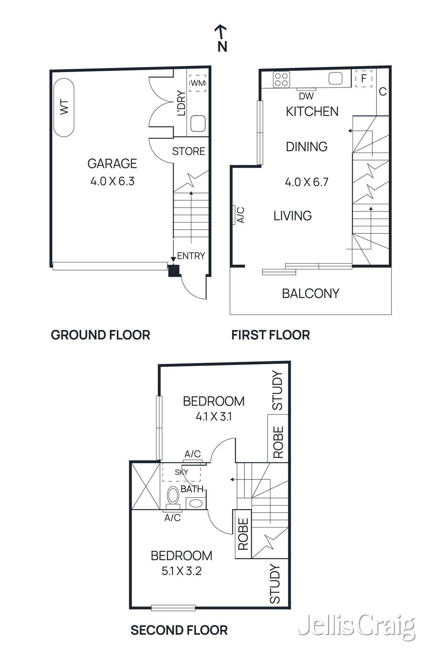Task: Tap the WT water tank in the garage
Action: [x=64, y=107]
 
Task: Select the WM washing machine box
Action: [x=198, y=83]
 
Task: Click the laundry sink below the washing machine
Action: [x=198, y=123]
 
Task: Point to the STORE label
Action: [x=188, y=151]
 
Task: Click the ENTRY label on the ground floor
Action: [x=191, y=256]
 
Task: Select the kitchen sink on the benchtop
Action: [x=336, y=78]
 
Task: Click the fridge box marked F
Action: [x=364, y=78]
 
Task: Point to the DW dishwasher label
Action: [x=306, y=97]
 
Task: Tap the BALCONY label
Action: [x=310, y=293]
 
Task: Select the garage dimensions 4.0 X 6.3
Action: [x=112, y=181]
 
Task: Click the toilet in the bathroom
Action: [x=173, y=496]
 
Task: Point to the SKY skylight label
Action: [x=181, y=472]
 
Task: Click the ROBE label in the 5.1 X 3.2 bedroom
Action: [x=243, y=534]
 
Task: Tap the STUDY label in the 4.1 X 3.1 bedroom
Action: [x=277, y=390]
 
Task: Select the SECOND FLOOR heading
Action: [x=179, y=630]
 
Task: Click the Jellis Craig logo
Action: [x=356, y=627]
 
